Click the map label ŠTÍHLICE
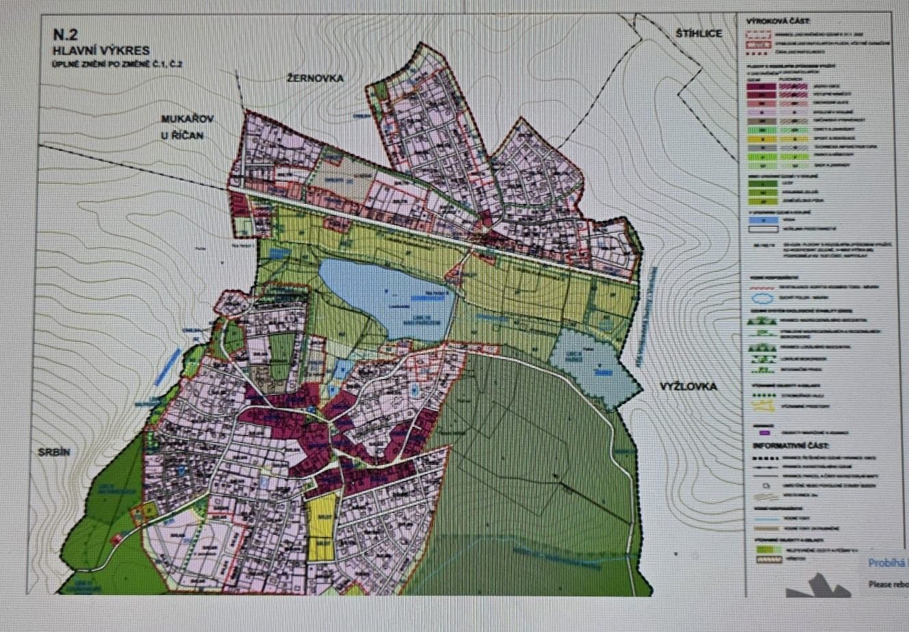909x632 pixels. [x=699, y=33]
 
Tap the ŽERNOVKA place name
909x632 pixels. [x=315, y=78]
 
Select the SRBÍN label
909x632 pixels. [x=49, y=451]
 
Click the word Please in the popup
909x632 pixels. [x=880, y=583]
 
